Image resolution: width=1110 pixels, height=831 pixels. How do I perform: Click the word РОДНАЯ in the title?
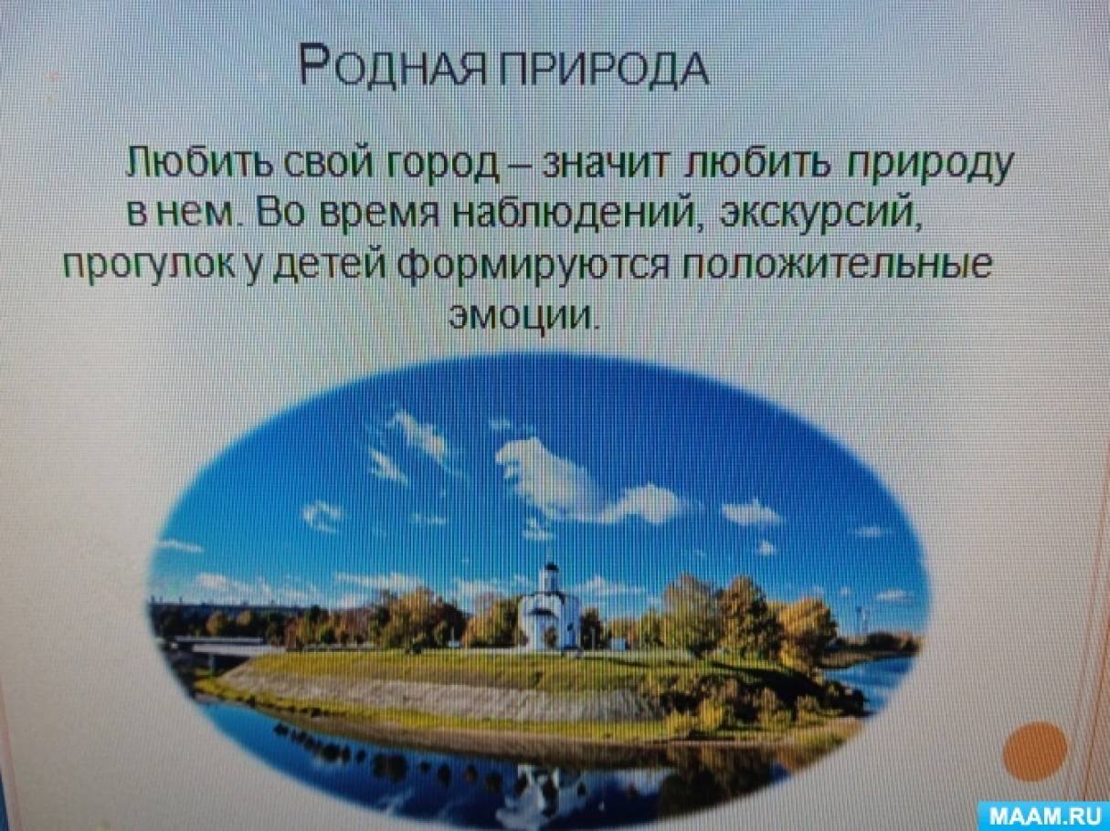click(x=393, y=66)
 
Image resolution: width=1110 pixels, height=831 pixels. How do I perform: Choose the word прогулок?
click(x=151, y=267)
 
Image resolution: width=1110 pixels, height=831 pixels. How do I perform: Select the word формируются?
click(x=537, y=267)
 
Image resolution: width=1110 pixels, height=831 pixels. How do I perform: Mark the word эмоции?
click(x=521, y=315)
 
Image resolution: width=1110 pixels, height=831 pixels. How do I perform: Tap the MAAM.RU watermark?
click(x=1046, y=815)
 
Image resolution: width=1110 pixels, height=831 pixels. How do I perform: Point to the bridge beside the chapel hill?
click(x=212, y=646)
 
